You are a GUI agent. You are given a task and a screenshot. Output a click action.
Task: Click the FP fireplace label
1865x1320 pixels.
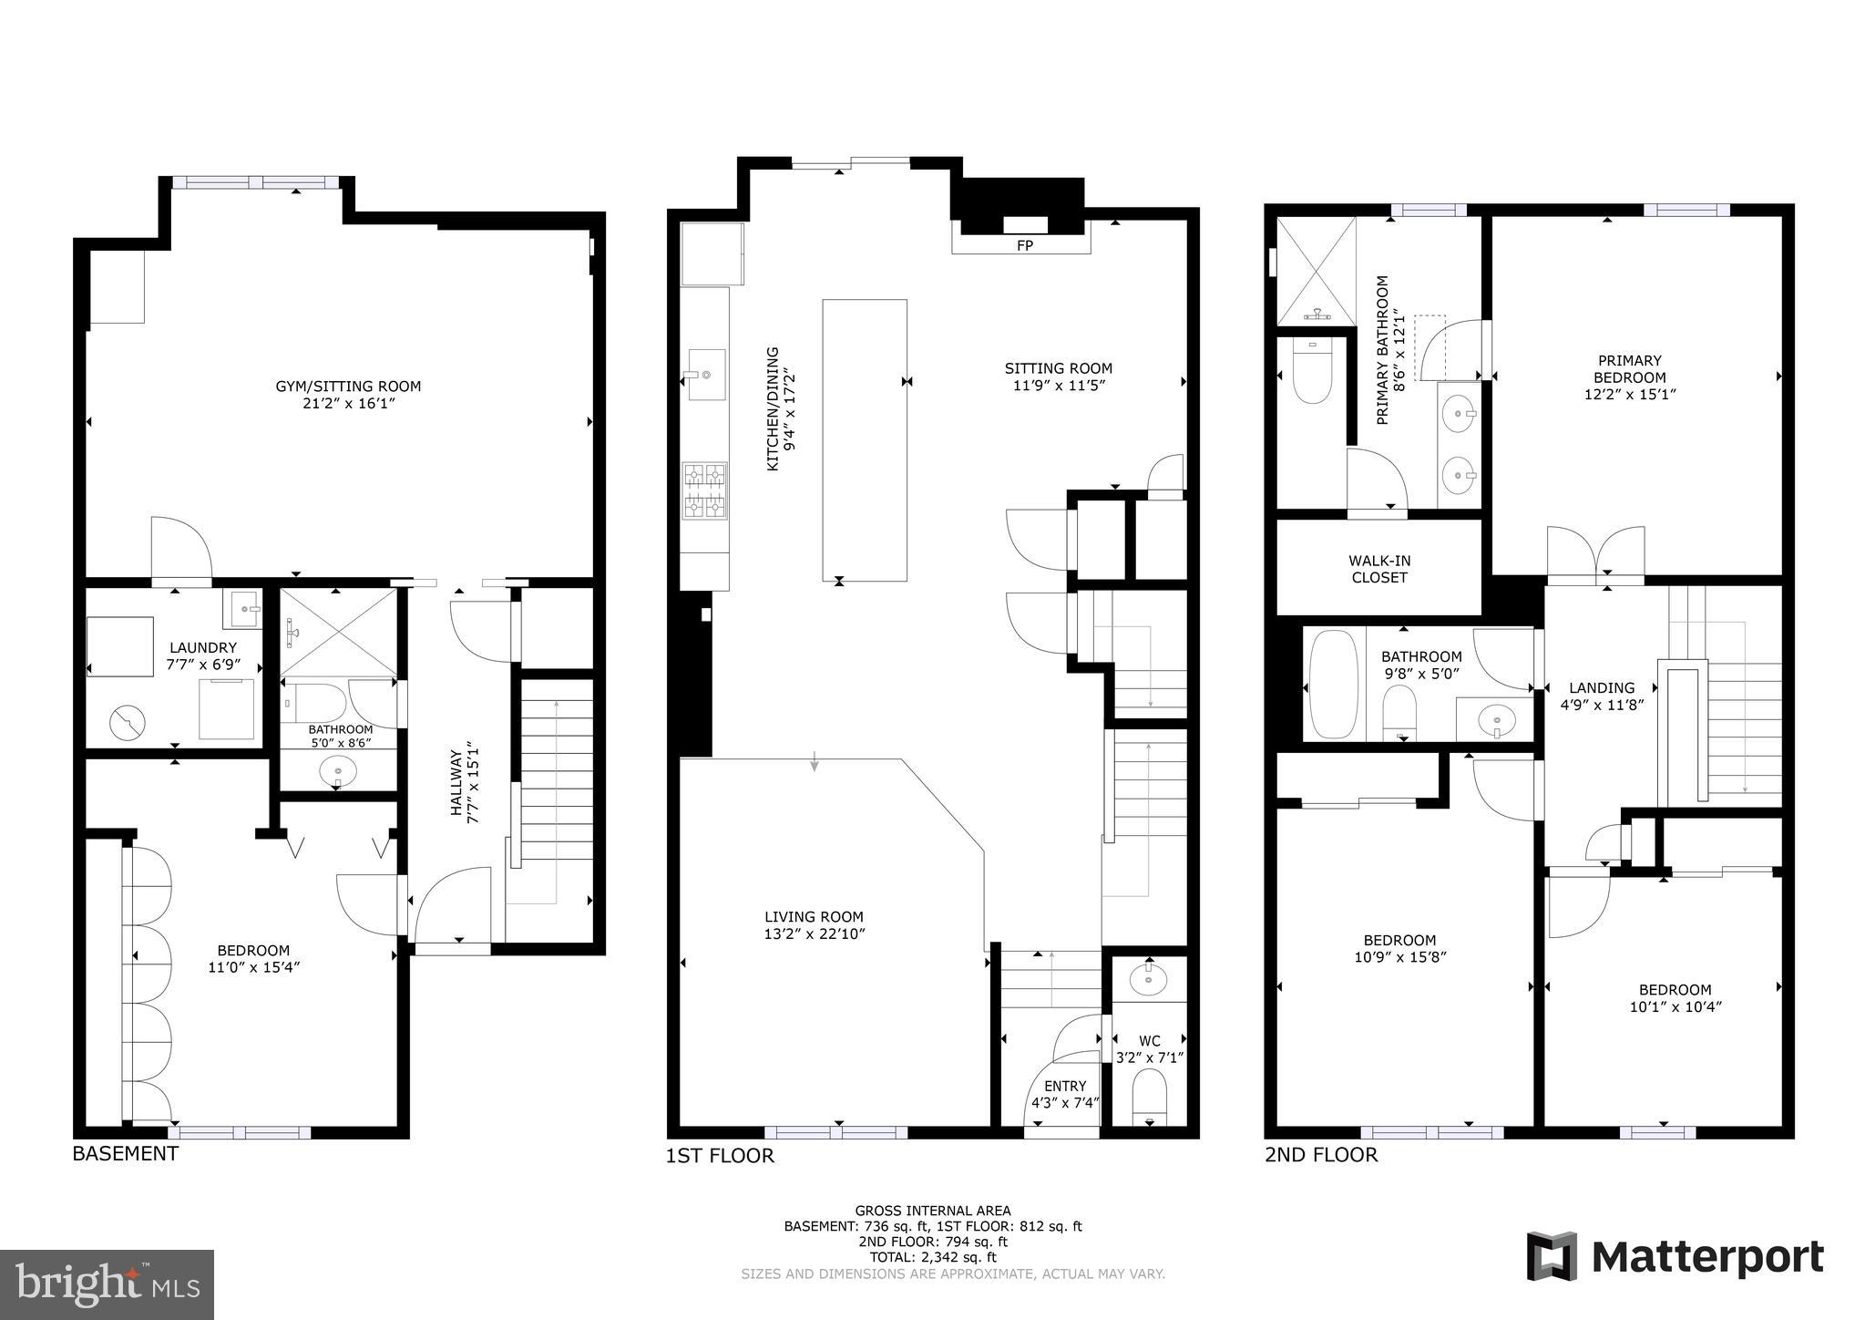1024,245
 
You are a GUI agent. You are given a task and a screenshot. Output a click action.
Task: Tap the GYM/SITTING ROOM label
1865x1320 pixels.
348,387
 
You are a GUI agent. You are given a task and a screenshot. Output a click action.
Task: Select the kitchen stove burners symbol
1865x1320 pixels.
705,490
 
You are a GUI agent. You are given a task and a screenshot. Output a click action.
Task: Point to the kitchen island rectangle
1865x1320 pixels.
864,439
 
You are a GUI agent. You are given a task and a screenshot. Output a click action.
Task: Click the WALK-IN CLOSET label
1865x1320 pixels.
1379,569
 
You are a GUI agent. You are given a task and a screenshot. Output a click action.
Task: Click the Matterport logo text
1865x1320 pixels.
1707,1257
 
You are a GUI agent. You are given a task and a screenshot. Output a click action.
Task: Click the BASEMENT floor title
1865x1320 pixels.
125,1153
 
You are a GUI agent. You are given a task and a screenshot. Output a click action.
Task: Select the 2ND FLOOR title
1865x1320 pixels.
1320,1155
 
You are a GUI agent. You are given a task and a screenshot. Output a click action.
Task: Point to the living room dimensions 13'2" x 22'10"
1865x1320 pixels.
814,933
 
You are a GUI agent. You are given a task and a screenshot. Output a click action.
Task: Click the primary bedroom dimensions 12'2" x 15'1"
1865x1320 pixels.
1630,395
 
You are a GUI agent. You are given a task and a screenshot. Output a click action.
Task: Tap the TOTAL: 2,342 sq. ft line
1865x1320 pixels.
933,1257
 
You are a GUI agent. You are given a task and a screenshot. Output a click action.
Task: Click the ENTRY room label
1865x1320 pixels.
1065,1086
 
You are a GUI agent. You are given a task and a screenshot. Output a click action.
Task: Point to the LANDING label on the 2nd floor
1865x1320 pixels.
1602,687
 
